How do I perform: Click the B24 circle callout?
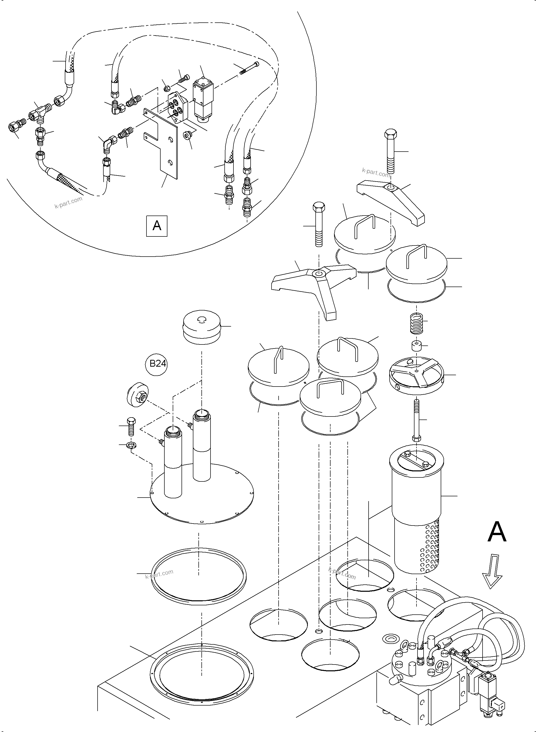[157, 364]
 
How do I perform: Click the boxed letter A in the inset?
[157, 226]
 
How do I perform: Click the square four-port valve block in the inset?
[177, 108]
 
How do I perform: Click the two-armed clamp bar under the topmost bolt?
[391, 202]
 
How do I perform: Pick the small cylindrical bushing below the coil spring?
[416, 346]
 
